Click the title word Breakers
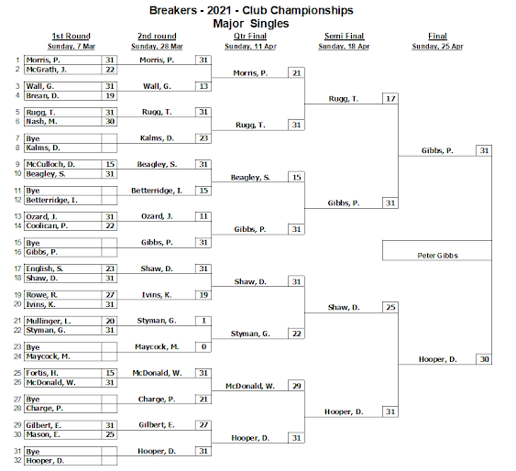[173, 10]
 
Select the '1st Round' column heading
[71, 36]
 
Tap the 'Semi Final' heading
[344, 36]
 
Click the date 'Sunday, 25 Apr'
[437, 47]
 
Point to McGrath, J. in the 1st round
[47, 70]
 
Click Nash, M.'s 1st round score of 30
[110, 121]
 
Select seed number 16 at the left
[17, 252]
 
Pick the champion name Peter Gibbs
[437, 256]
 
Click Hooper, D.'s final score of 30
[484, 359]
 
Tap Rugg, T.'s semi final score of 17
[390, 99]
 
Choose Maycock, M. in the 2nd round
[157, 346]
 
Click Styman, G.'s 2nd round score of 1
[203, 321]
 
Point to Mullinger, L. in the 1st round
[49, 321]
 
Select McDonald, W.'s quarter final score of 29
[297, 386]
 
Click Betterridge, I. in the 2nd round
[157, 191]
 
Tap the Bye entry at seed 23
[33, 347]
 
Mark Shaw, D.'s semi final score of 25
[390, 307]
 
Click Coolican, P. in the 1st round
[47, 225]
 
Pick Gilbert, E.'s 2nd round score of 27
[203, 424]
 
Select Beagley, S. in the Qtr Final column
[250, 177]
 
